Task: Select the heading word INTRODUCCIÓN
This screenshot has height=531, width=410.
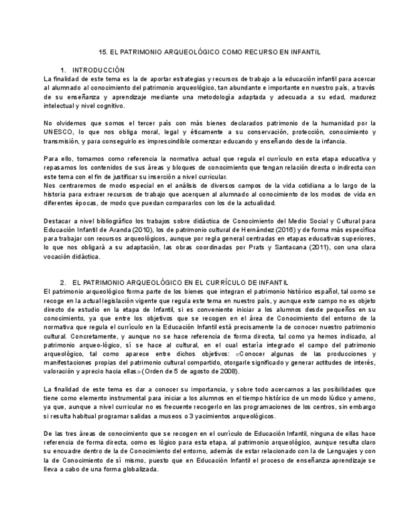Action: tap(98, 70)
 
